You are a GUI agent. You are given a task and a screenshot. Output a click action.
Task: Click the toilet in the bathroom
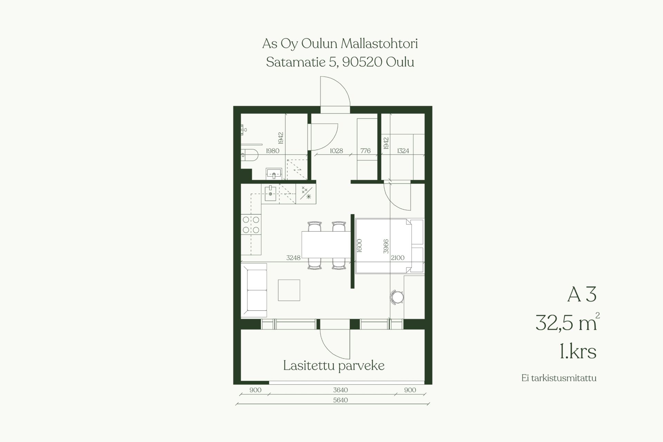(x=249, y=155)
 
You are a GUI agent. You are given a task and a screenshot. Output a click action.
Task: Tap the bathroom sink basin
(x=274, y=174)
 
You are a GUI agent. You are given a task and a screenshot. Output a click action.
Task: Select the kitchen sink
(x=270, y=193)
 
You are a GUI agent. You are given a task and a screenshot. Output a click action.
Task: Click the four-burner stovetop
(x=251, y=224)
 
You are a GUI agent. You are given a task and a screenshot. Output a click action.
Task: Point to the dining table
(x=326, y=245)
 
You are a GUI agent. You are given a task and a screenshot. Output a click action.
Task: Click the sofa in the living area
(x=254, y=290)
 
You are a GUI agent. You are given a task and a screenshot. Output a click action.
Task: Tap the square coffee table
(x=289, y=290)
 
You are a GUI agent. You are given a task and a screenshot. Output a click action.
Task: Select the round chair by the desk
(x=397, y=297)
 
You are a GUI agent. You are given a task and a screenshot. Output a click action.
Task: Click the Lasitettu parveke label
(x=334, y=366)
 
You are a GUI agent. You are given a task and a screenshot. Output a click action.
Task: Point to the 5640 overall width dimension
(x=340, y=400)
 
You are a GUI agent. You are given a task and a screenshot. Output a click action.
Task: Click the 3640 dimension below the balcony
(x=340, y=390)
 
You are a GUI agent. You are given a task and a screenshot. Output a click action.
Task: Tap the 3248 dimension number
(x=294, y=258)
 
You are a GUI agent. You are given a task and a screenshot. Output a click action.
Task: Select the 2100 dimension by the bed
(x=397, y=258)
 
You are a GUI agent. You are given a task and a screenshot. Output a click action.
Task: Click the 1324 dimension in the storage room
(x=403, y=151)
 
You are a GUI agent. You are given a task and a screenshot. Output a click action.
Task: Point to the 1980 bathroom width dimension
(x=272, y=151)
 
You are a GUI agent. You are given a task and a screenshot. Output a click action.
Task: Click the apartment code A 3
(x=582, y=295)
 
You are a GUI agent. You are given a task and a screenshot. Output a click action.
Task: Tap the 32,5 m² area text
(x=567, y=323)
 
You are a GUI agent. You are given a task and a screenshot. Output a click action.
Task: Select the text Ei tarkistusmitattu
(x=559, y=378)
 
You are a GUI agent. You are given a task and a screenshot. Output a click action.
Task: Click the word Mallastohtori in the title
(x=379, y=44)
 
